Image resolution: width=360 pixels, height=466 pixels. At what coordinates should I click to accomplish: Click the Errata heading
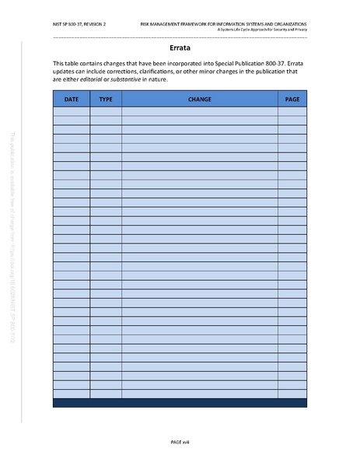coord(180,47)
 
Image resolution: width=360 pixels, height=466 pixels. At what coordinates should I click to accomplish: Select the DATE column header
coord(71,100)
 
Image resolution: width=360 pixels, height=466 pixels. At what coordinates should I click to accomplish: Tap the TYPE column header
coord(106,100)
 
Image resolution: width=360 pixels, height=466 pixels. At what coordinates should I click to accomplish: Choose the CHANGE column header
coord(199,100)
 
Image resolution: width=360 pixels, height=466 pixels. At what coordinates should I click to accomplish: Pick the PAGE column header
coord(292,100)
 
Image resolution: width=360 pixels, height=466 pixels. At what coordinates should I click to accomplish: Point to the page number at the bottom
coord(180,441)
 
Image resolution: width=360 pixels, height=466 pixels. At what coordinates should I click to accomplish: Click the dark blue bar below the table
coord(180,402)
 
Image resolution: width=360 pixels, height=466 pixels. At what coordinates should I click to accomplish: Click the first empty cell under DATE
coord(71,111)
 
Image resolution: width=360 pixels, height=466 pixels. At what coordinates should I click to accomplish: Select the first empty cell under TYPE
coord(106,111)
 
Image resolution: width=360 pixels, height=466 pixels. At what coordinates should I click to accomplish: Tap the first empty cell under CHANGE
coord(199,111)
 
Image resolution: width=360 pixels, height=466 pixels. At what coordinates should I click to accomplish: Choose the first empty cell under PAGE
coord(292,111)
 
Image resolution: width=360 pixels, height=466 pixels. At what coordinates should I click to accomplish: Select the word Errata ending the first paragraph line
coord(292,62)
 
